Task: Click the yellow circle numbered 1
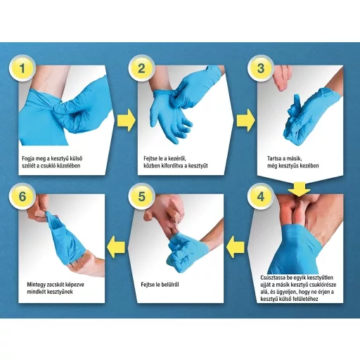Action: coord(22,68)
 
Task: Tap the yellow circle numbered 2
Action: coord(141,68)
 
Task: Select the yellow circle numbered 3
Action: coord(261,68)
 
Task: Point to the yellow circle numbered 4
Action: coord(261,196)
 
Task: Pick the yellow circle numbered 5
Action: coord(141,196)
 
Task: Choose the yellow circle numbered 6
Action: coord(22,196)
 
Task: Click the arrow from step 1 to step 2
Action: coord(127,120)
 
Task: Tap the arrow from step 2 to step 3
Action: coord(246,120)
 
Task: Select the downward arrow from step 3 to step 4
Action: coord(299,189)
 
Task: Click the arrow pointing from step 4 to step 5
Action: coord(235,247)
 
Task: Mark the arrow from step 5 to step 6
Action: coord(116,247)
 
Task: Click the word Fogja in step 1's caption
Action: coord(29,159)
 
